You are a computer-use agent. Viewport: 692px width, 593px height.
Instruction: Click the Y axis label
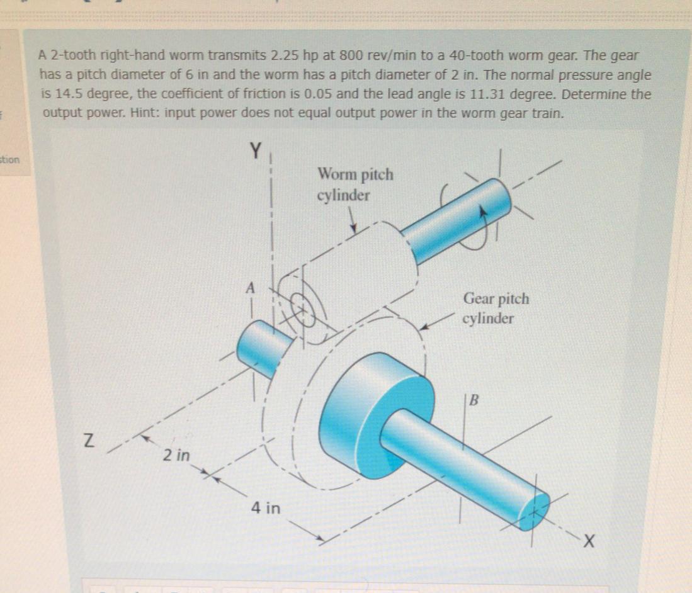(255, 151)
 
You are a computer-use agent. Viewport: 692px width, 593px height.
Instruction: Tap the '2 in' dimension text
(177, 455)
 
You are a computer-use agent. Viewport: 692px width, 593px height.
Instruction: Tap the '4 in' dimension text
(265, 507)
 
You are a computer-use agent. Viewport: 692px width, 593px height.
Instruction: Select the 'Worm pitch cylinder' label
(355, 184)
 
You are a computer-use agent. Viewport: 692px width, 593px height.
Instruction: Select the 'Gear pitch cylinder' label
(496, 308)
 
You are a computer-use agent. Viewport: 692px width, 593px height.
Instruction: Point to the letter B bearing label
(475, 400)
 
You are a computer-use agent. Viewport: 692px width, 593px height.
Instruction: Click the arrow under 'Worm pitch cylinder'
(353, 222)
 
